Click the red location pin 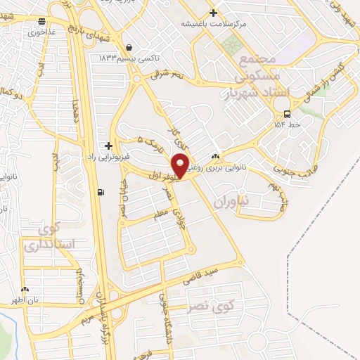[x=181, y=165]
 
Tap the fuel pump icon [x=103, y=192]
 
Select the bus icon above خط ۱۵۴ [x=287, y=115]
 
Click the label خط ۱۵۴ [x=287, y=125]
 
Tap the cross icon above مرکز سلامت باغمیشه [x=213, y=13]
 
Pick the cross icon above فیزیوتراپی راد [x=108, y=146]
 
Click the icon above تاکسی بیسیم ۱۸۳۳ [x=129, y=48]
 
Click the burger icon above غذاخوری [x=44, y=22]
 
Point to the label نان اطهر [x=22, y=300]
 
